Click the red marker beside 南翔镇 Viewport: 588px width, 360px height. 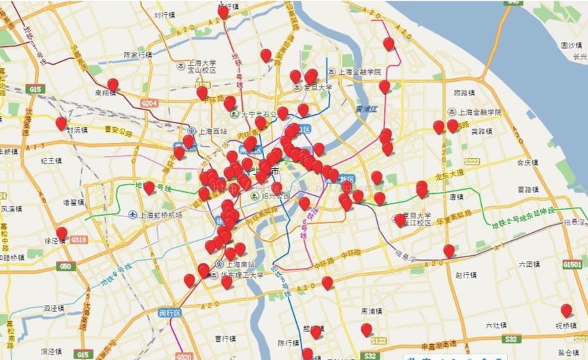(x=113, y=85)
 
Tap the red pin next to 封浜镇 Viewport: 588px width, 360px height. (x=61, y=123)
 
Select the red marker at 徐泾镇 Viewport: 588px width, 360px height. (x=62, y=234)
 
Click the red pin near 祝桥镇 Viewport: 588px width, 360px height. (x=566, y=310)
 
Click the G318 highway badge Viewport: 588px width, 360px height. (x=79, y=240)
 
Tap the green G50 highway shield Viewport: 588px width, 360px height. (x=66, y=266)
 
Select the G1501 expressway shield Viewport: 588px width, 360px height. (x=572, y=264)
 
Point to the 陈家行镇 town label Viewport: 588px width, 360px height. (x=138, y=55)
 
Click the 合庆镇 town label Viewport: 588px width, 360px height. (x=527, y=163)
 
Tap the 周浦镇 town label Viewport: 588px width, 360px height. (x=373, y=311)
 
